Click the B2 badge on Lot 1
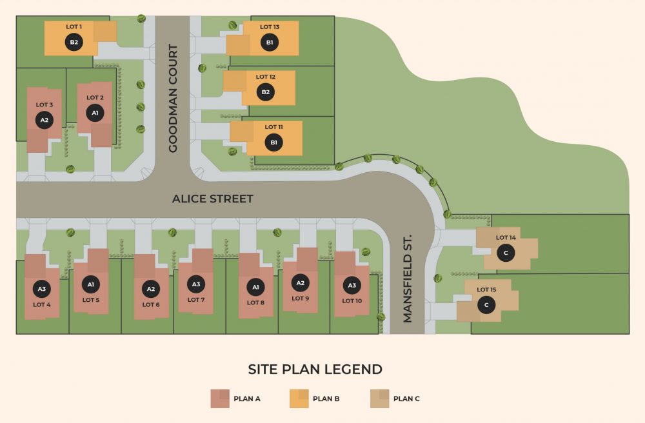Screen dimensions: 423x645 point(74,42)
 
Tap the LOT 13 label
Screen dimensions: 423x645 point(270,27)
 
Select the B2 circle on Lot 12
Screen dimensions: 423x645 point(265,92)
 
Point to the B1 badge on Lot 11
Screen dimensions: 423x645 point(273,142)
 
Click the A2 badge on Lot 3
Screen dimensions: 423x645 point(44,120)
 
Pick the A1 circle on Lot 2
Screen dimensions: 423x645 point(95,113)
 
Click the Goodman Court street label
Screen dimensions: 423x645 point(173,99)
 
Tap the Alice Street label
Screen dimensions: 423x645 point(212,199)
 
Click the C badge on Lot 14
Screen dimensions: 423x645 point(506,253)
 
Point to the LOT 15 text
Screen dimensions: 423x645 point(486,290)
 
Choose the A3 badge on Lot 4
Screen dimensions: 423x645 point(42,289)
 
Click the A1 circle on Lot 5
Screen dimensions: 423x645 point(91,284)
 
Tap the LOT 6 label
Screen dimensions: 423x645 point(151,304)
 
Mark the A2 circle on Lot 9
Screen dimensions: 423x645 point(300,282)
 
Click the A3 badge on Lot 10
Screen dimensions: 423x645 point(352,285)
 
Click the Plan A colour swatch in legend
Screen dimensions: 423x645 point(219,398)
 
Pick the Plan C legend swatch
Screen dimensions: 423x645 point(379,398)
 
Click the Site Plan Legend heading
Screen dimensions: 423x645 point(315,369)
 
